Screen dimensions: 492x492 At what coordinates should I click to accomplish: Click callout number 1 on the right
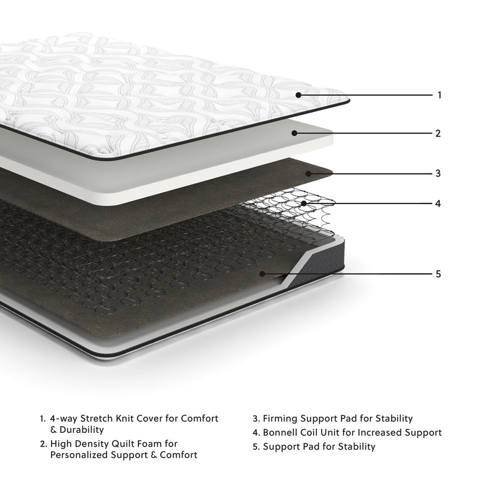pos(439,95)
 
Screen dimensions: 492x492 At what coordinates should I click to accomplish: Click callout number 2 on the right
pos(438,133)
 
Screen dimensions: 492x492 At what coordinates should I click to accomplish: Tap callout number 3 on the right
pos(438,173)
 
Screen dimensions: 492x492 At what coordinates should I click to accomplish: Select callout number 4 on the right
pos(438,203)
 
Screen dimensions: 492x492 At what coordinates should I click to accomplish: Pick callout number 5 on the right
pos(438,274)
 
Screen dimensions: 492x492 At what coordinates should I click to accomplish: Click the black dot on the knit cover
pos(298,95)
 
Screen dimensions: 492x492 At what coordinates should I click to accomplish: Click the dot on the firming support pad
pos(311,173)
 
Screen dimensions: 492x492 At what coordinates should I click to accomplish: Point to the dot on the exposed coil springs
pos(304,203)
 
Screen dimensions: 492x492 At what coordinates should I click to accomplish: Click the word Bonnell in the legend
pos(282,433)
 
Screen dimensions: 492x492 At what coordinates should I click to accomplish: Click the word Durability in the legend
pos(82,430)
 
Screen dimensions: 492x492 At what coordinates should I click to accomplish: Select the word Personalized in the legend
pos(77,455)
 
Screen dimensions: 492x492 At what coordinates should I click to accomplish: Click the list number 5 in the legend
pos(255,447)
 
